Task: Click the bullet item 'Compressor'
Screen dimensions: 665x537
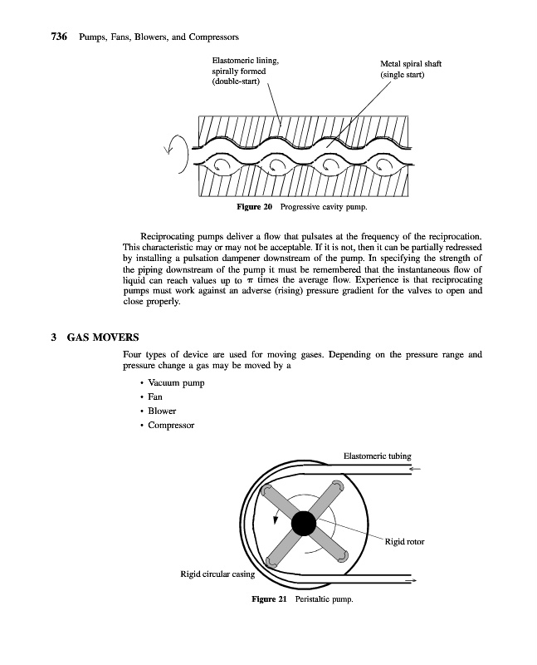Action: point(172,425)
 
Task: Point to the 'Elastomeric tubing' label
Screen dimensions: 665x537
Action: point(377,455)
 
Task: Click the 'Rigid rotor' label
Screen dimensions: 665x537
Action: point(405,542)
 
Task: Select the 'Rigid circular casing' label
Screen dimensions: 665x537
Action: point(217,573)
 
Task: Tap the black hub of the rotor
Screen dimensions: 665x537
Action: point(302,523)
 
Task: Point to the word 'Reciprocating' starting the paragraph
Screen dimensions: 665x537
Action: point(169,237)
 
